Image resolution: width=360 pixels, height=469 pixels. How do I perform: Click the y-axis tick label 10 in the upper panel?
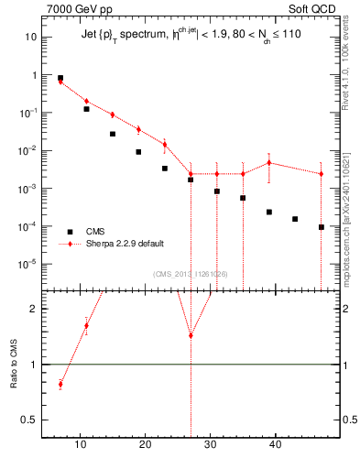point(30,37)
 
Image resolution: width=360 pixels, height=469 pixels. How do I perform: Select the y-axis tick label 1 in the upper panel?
point(34,75)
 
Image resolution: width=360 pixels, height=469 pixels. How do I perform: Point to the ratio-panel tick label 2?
point(34,309)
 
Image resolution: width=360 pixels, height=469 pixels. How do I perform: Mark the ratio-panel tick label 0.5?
point(28,420)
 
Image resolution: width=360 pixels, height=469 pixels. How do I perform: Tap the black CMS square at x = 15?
point(113,134)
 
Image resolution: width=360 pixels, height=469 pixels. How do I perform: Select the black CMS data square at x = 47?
point(322,227)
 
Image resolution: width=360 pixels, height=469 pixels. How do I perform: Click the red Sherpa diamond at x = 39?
point(269,163)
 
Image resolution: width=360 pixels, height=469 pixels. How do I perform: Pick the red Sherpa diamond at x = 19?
point(138,129)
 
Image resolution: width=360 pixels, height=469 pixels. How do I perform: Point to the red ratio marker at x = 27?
point(191,335)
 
